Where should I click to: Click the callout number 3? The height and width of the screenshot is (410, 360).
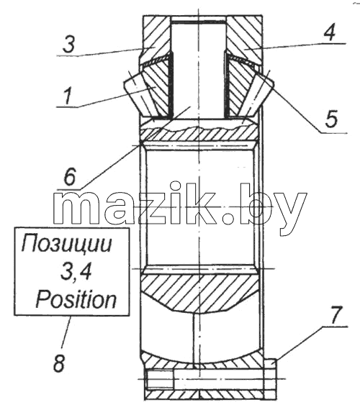point(69,45)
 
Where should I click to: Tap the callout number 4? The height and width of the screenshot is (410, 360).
point(330,32)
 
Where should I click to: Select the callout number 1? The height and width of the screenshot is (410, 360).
point(67,96)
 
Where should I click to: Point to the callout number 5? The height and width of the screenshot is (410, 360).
point(331,119)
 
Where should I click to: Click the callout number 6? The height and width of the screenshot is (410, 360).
point(70,176)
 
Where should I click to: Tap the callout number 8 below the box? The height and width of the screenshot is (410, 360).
point(59,363)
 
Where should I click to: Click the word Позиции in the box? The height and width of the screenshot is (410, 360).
point(66,244)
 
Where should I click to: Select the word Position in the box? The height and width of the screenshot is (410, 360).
point(76,299)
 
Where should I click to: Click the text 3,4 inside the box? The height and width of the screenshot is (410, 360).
point(76,272)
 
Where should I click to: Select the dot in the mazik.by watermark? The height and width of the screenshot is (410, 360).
point(227,218)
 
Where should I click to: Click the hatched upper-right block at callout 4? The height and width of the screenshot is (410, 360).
point(245,40)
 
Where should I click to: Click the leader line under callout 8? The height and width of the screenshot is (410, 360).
point(66,332)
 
